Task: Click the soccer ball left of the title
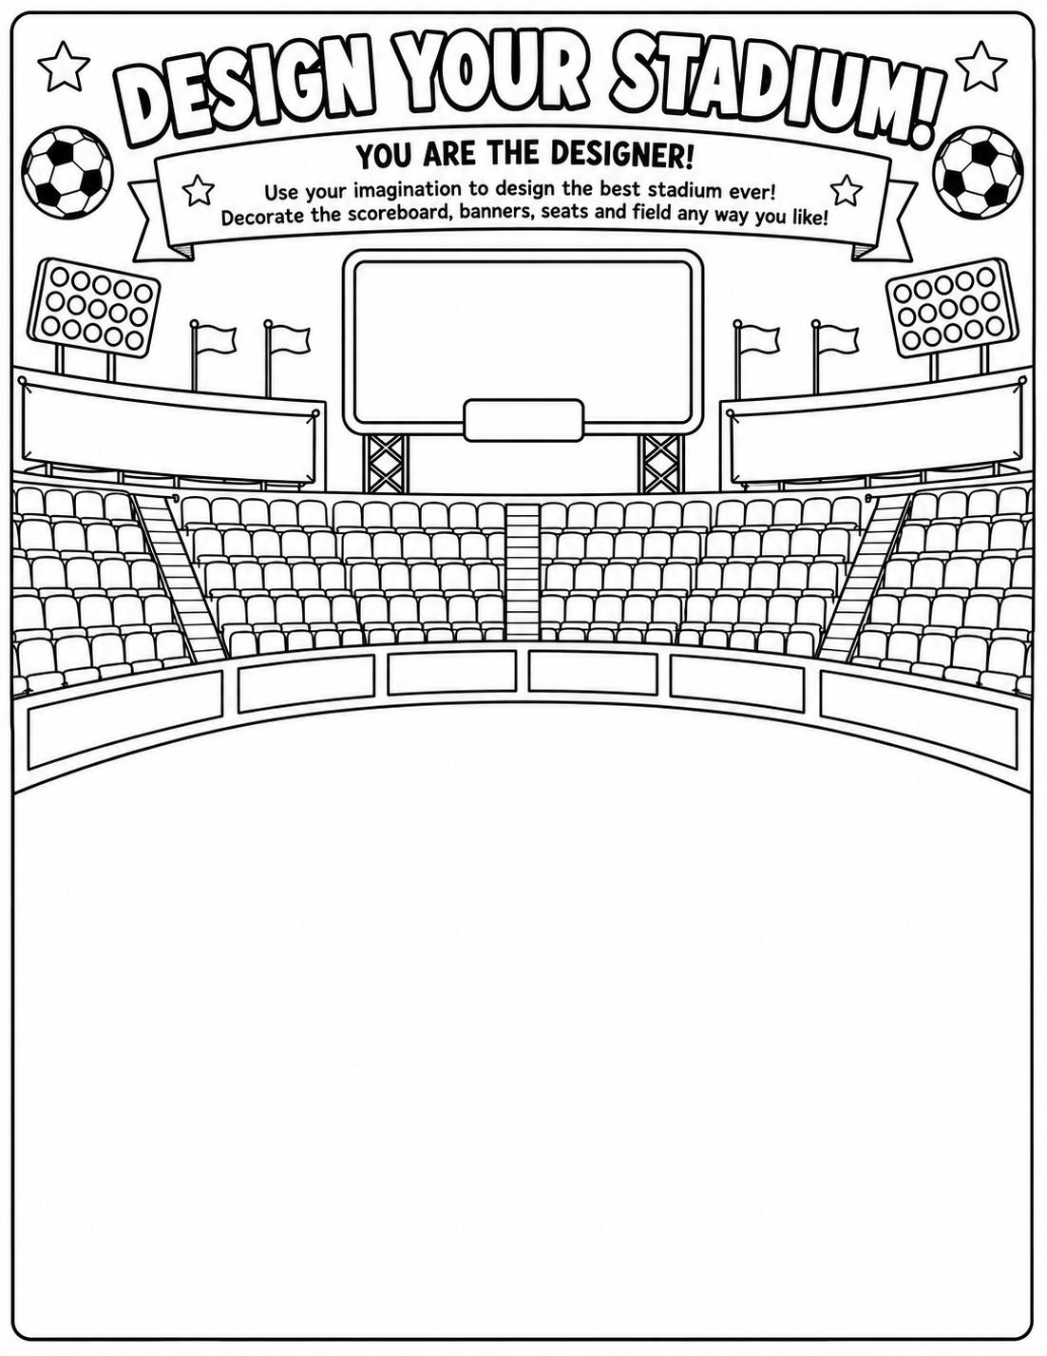coord(67,170)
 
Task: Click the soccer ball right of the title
coord(978,170)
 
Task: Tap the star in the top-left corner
coord(64,65)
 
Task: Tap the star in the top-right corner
coord(981,65)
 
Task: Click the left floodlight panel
coord(94,307)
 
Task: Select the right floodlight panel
coord(952,307)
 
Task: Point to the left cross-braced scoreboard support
coord(385,463)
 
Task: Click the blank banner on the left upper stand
coord(169,431)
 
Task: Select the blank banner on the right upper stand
coord(877,431)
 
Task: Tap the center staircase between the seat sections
coord(523,571)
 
